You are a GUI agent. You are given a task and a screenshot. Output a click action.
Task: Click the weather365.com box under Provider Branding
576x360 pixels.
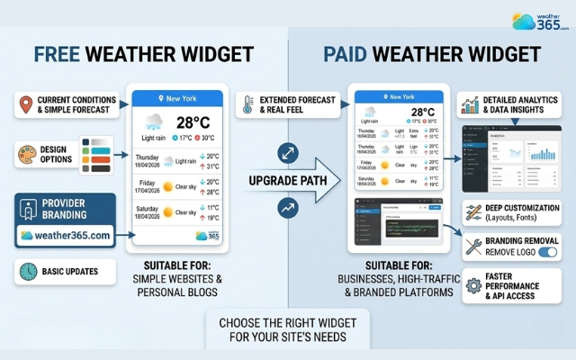[65, 235]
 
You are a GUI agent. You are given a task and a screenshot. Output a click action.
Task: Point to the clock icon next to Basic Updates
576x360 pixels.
[26, 271]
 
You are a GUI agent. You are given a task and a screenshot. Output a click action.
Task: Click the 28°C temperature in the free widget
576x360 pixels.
[193, 122]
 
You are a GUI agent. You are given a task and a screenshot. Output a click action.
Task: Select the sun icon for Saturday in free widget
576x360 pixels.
[166, 213]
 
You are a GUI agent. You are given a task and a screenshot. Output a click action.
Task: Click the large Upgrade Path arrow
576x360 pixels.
[284, 180]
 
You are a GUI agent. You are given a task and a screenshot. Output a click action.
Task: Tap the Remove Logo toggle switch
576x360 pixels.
[546, 254]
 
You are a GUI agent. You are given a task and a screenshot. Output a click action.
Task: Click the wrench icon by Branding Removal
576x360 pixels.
[473, 247]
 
